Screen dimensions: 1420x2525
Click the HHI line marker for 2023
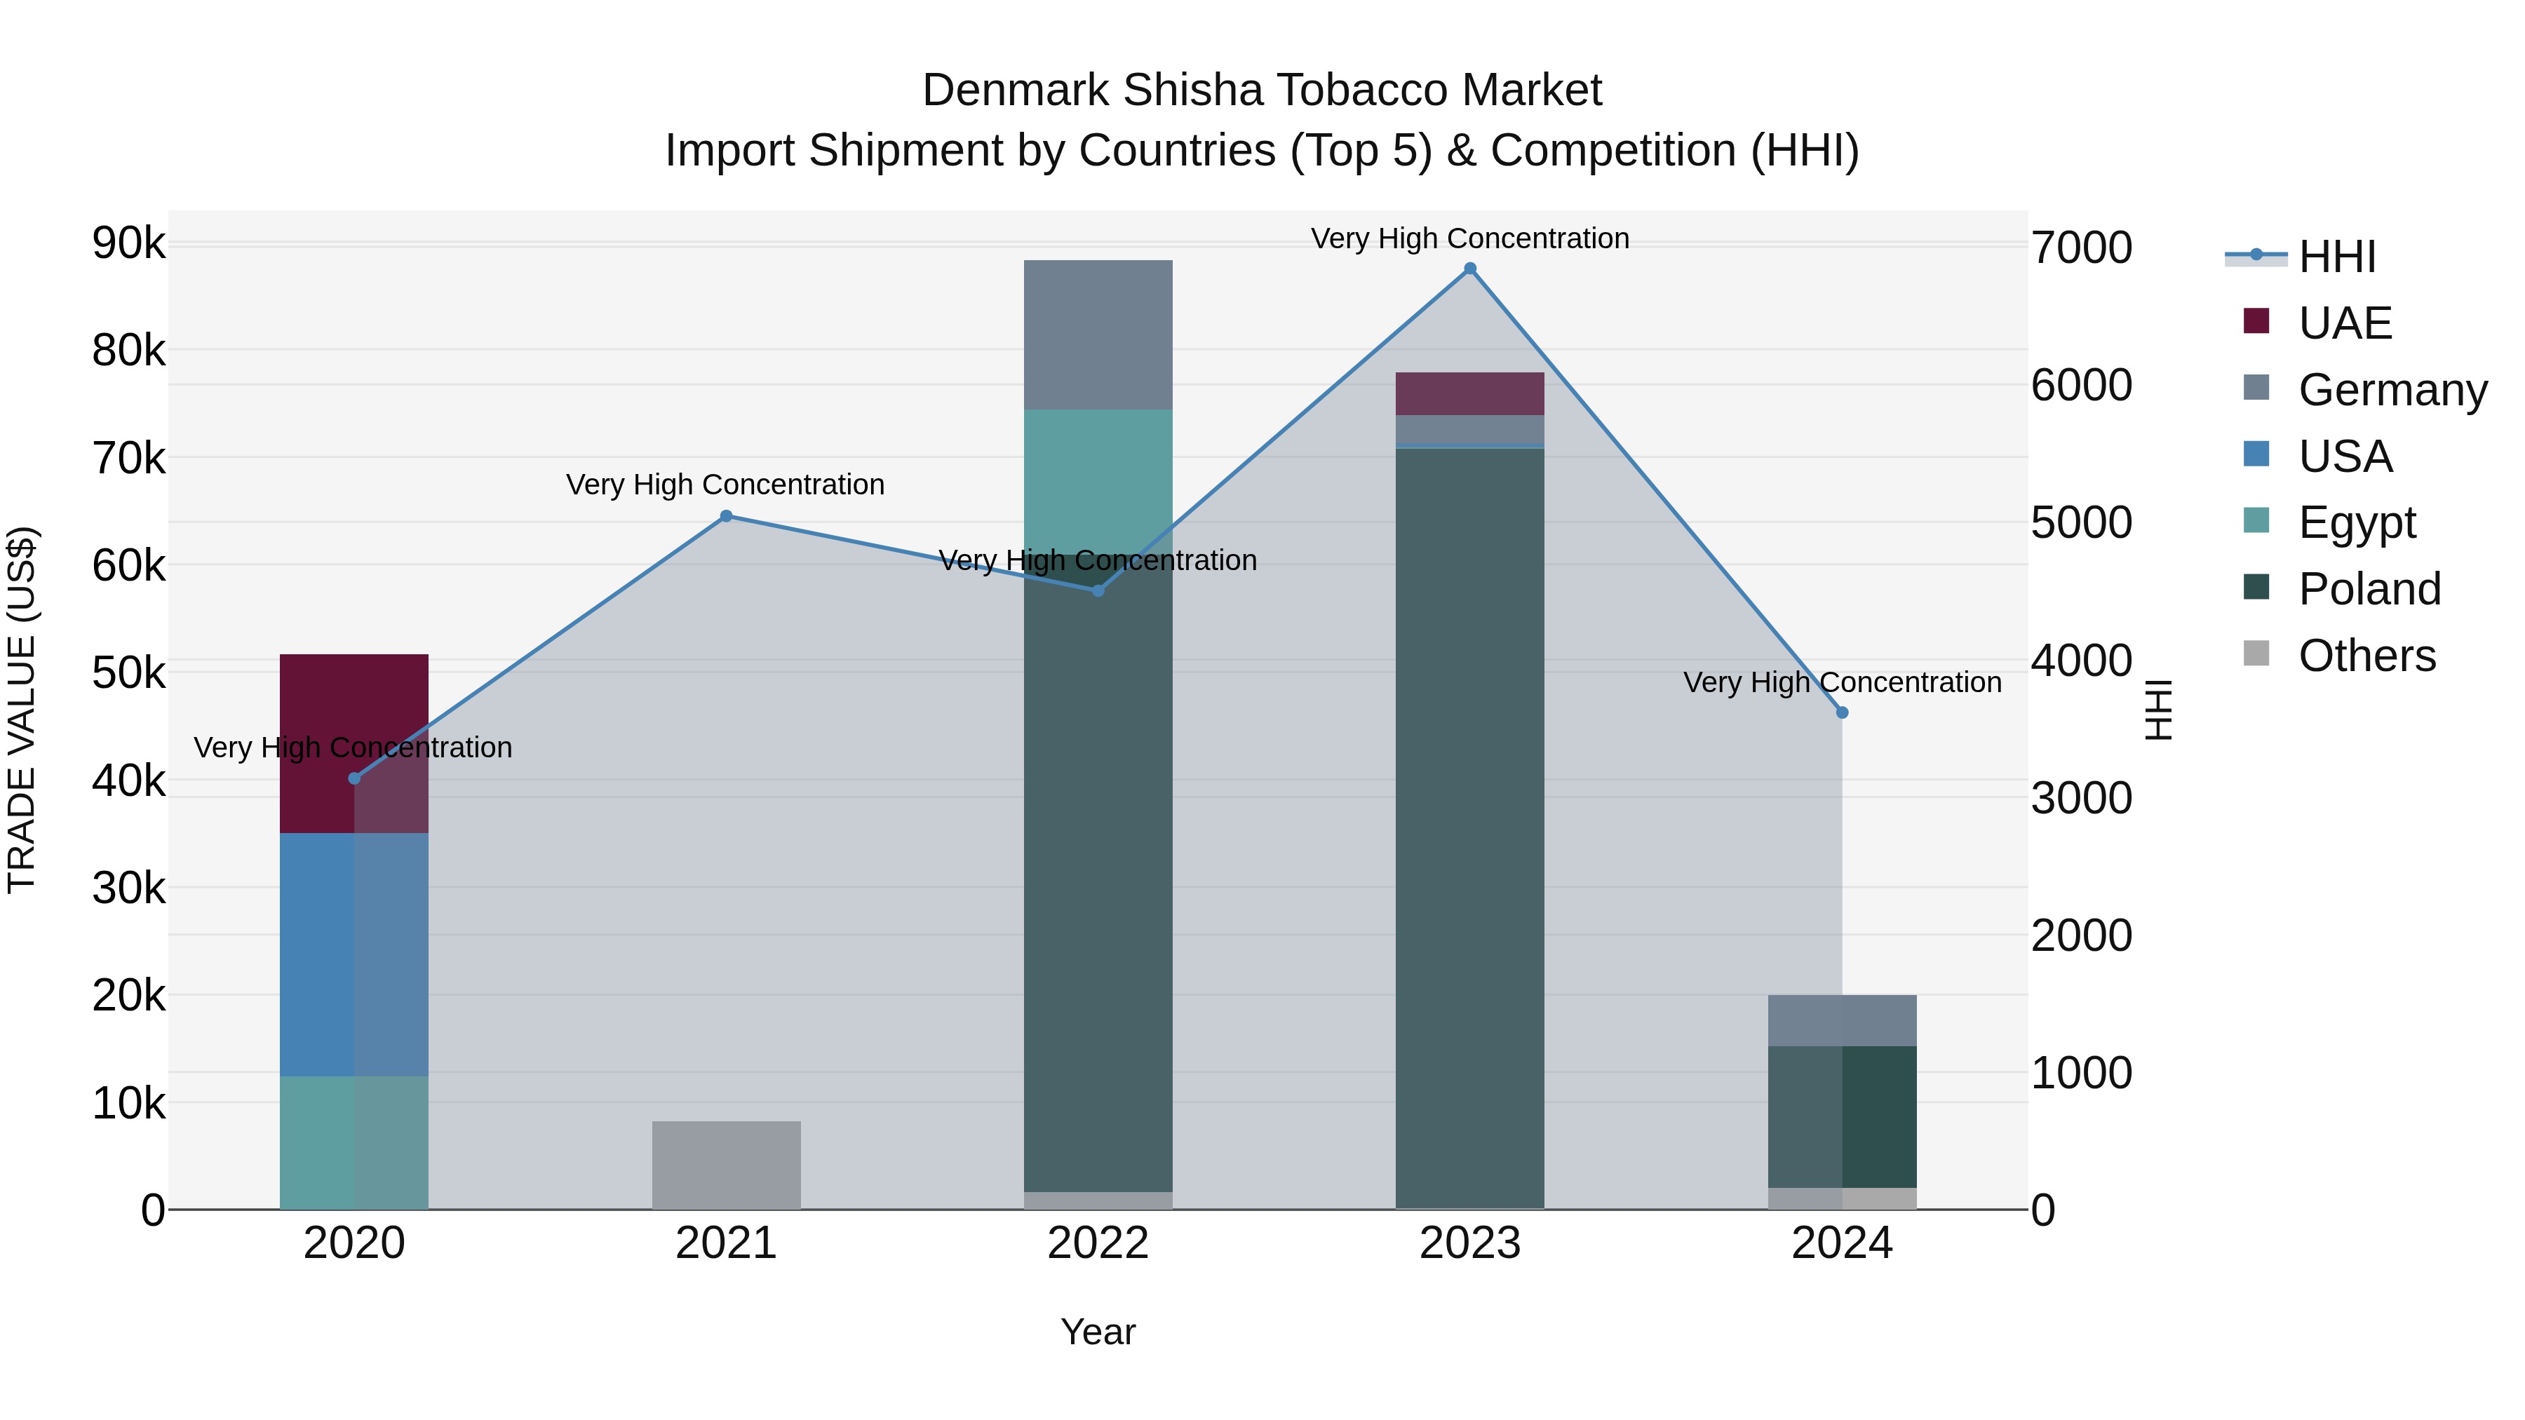1469,269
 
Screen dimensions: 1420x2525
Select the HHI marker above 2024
1842,712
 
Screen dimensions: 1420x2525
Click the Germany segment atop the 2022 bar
1098,334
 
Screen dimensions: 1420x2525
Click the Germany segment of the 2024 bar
1842,1020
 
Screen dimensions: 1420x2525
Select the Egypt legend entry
2357,522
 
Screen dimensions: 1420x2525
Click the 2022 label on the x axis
1098,1243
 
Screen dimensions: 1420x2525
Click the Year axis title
1098,1332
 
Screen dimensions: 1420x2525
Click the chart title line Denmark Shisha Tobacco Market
1262,90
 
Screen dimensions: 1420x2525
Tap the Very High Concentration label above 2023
1469,238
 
